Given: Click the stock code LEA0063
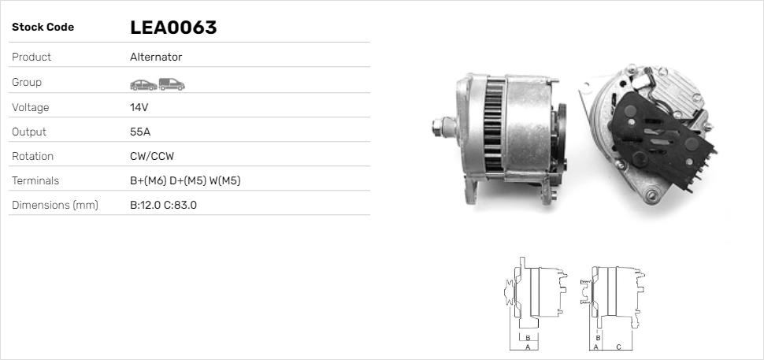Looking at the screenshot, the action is pos(173,28).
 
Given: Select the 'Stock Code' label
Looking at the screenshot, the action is pos(43,28).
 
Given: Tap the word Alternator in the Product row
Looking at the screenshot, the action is pos(156,57).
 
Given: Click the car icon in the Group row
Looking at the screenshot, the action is pos(143,85).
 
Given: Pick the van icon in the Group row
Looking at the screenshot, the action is pos(172,84).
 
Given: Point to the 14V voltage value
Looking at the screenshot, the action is pos(139,107).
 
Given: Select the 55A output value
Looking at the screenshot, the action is pos(140,132).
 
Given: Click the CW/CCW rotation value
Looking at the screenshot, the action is pos(152,157).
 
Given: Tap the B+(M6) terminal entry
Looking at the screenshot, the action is pos(148,180).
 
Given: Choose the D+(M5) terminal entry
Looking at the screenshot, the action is pos(187,180).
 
